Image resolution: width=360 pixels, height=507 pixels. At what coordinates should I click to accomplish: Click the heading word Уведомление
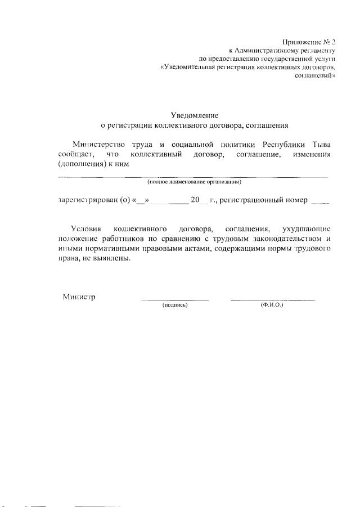194,115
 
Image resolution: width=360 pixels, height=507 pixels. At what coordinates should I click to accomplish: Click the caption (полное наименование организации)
194,182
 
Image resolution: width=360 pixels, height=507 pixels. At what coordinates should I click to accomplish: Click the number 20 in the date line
196,200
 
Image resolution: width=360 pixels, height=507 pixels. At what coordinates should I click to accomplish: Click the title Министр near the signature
79,297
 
